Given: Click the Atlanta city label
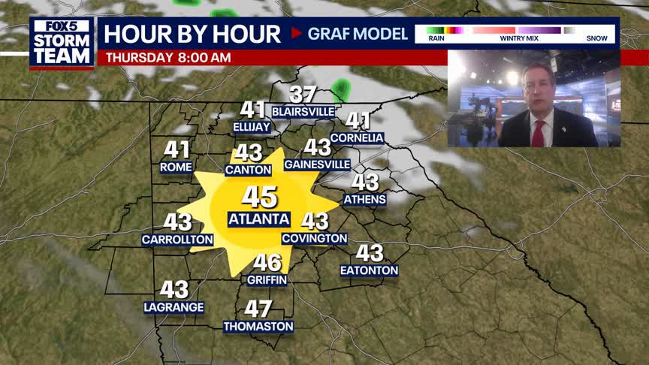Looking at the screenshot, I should coord(259,219).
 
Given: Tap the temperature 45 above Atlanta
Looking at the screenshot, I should coord(259,198).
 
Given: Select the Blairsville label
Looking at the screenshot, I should coord(303,111).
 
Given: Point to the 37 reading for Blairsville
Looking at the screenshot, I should coord(303,95).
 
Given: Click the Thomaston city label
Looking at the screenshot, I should coord(258,327).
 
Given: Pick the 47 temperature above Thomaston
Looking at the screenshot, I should coord(258,309).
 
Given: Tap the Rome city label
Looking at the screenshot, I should coord(177,167).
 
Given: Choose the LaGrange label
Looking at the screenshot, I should coord(174,307).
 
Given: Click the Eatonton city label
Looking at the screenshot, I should coord(369,270).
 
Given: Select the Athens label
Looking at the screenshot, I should coord(365,200).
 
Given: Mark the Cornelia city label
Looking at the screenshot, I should coord(358,138).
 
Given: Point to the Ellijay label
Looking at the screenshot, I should coord(252,127).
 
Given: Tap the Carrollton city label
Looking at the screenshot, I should coord(178,240).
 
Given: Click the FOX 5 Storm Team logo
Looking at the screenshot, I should coord(62,42).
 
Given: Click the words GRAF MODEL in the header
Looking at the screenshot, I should coord(358,34).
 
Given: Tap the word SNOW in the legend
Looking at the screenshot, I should coord(597,38).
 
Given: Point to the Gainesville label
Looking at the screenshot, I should coord(318,164).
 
